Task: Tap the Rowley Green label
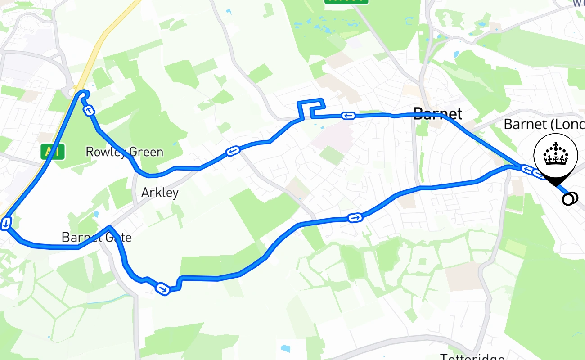[x=124, y=152]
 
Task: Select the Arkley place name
[x=160, y=193]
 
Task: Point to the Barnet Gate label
[x=96, y=237]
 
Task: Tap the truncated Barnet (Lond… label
[x=544, y=124]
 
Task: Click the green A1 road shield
[x=53, y=152]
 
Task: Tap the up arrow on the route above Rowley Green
[x=89, y=110]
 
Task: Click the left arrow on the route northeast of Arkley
[x=233, y=151]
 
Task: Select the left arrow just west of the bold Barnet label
[x=348, y=116]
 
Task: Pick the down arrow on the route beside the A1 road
[x=6, y=223]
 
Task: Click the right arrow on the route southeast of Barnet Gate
[x=163, y=289]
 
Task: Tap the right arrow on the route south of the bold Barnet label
[x=355, y=218]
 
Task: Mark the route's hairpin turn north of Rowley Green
[x=84, y=93]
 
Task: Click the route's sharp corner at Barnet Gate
[x=109, y=227]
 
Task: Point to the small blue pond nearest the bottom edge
[x=285, y=348]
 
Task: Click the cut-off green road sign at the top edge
[x=346, y=1]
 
